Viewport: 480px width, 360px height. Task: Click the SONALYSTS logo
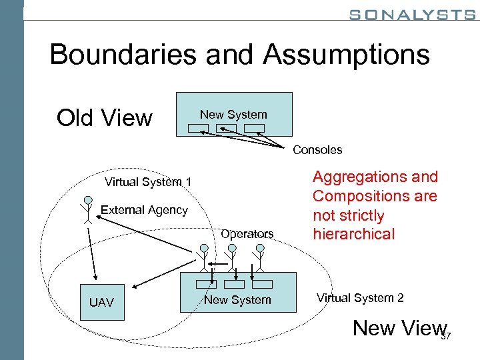pyautogui.click(x=411, y=14)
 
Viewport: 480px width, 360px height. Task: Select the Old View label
pyautogui.click(x=104, y=118)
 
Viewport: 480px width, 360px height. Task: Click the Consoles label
pyautogui.click(x=317, y=150)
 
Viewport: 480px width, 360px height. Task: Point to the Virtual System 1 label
pyautogui.click(x=148, y=183)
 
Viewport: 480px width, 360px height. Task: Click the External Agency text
pyautogui.click(x=144, y=210)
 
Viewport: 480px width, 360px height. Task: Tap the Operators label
pyautogui.click(x=247, y=234)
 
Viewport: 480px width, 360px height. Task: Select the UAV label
pyautogui.click(x=101, y=303)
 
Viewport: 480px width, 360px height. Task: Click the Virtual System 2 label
pyautogui.click(x=360, y=298)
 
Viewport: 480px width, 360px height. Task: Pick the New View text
pyautogui.click(x=398, y=327)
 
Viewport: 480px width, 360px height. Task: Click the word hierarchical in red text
pyautogui.click(x=353, y=235)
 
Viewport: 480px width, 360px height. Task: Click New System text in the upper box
pyautogui.click(x=233, y=115)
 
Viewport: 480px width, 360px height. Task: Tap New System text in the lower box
pyautogui.click(x=237, y=300)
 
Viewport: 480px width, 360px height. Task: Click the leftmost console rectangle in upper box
pyautogui.click(x=198, y=129)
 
